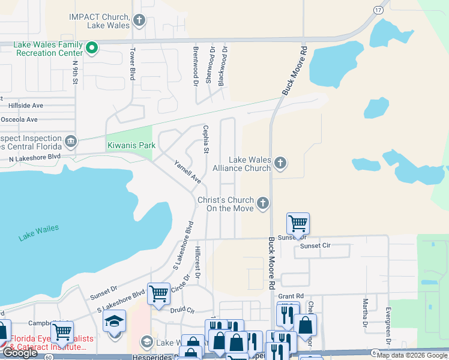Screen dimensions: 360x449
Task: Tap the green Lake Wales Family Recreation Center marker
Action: pyautogui.click(x=92, y=48)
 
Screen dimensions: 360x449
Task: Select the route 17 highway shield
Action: pyautogui.click(x=378, y=10)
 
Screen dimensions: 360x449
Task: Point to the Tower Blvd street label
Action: pyautogui.click(x=133, y=63)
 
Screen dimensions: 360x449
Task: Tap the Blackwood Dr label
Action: pyautogui.click(x=223, y=65)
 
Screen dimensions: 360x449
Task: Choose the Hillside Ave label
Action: pyautogui.click(x=26, y=105)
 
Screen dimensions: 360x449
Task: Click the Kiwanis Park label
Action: pyautogui.click(x=131, y=145)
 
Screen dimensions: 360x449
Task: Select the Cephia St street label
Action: pyautogui.click(x=205, y=139)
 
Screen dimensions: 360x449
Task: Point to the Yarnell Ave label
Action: pyautogui.click(x=187, y=172)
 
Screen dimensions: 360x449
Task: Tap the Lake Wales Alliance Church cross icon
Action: pyautogui.click(x=280, y=163)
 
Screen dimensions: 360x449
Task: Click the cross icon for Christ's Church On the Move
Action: pyautogui.click(x=262, y=204)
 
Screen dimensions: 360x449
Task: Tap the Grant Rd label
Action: pyautogui.click(x=291, y=296)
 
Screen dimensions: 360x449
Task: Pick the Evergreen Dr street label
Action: pyautogui.click(x=388, y=325)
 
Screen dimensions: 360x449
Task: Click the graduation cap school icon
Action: pyautogui.click(x=114, y=321)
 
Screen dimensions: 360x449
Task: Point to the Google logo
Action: pyautogui.click(x=20, y=353)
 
